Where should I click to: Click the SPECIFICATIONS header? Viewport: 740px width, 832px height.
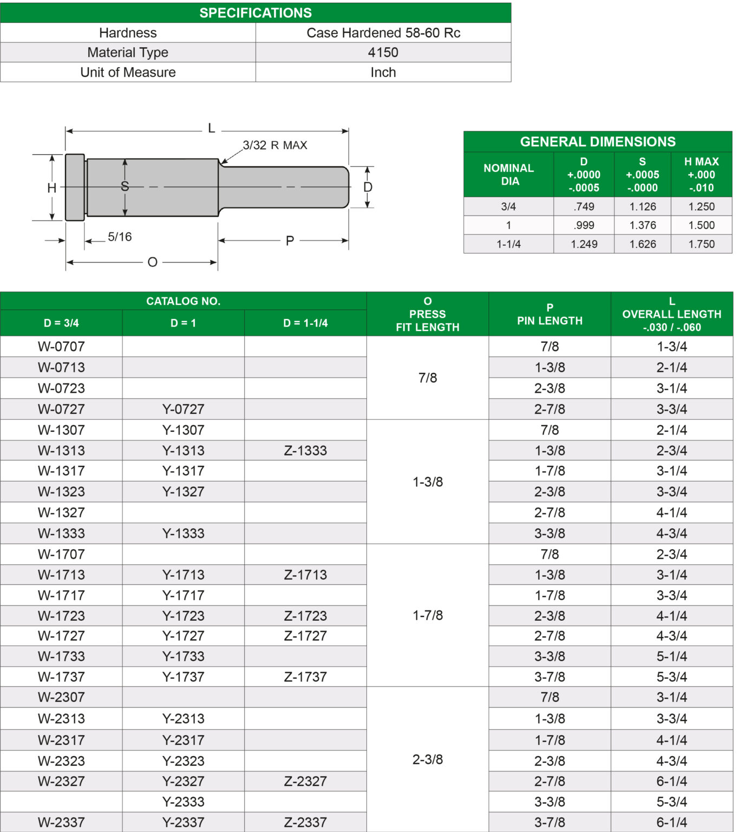tap(255, 12)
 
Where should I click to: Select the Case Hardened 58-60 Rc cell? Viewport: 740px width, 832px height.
tap(383, 32)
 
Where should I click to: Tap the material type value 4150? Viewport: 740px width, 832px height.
tap(383, 53)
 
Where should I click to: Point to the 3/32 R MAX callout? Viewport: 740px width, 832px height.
tap(274, 145)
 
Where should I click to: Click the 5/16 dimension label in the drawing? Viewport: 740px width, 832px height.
tap(120, 237)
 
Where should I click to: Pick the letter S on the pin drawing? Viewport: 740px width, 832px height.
tap(125, 187)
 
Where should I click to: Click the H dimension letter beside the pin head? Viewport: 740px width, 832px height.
tap(51, 188)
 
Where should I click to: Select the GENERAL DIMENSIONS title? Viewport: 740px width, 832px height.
tap(598, 141)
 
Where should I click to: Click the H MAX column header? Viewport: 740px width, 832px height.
tap(701, 174)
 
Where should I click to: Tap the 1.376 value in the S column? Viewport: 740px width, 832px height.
tap(643, 225)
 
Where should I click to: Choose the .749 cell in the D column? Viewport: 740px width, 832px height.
tap(584, 206)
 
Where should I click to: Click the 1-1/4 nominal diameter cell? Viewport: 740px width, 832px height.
tap(508, 244)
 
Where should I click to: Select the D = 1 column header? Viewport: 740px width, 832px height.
tap(183, 323)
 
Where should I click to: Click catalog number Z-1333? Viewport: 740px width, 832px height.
tap(305, 451)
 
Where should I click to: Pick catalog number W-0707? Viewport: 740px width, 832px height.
tap(61, 347)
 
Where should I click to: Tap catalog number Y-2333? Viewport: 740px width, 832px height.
tap(183, 802)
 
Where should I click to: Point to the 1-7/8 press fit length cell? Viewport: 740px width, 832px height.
tap(428, 615)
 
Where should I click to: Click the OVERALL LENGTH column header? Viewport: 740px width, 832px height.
tap(672, 314)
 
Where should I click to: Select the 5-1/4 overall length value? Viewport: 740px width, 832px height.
tap(672, 656)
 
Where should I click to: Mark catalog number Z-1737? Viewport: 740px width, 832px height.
tap(305, 677)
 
